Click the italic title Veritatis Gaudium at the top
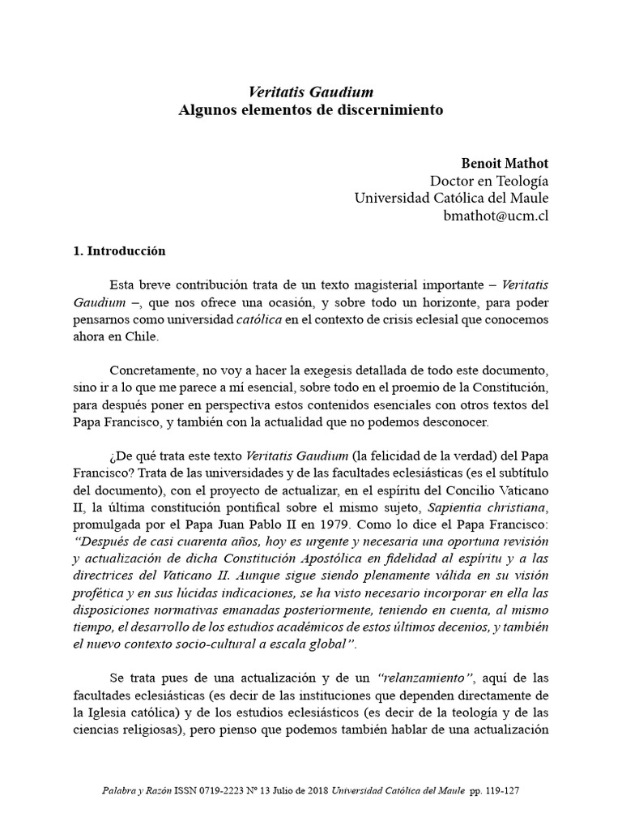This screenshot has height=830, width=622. click(x=310, y=92)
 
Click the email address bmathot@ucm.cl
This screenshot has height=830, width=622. click(x=496, y=216)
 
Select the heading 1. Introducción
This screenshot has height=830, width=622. click(x=119, y=251)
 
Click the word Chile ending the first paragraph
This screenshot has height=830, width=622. click(x=142, y=337)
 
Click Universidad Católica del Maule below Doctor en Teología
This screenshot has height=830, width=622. click(x=452, y=199)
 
